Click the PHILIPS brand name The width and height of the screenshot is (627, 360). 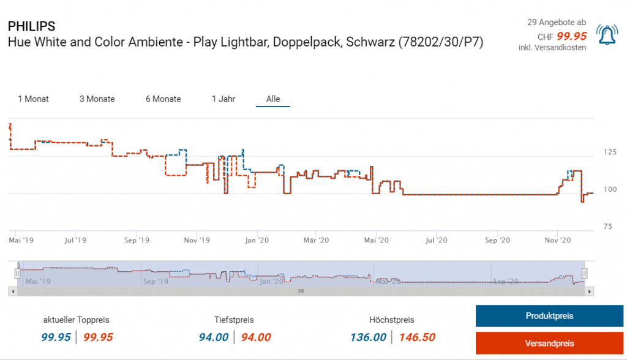(x=31, y=26)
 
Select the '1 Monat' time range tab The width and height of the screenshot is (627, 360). (x=34, y=99)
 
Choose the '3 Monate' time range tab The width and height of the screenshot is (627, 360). (x=97, y=99)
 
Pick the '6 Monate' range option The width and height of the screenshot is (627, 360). (x=163, y=99)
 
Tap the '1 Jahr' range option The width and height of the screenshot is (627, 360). (x=223, y=99)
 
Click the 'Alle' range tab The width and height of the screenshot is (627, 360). (x=273, y=99)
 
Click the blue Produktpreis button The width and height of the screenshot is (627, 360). (x=549, y=316)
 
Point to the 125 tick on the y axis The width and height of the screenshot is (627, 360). (x=608, y=152)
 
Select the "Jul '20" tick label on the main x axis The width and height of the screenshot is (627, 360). (x=437, y=241)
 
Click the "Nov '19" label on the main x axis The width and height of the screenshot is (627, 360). (x=197, y=241)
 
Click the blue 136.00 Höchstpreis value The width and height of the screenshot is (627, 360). (x=368, y=337)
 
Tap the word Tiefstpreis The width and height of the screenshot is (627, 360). (x=234, y=320)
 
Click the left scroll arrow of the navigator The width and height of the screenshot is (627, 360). (x=12, y=291)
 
